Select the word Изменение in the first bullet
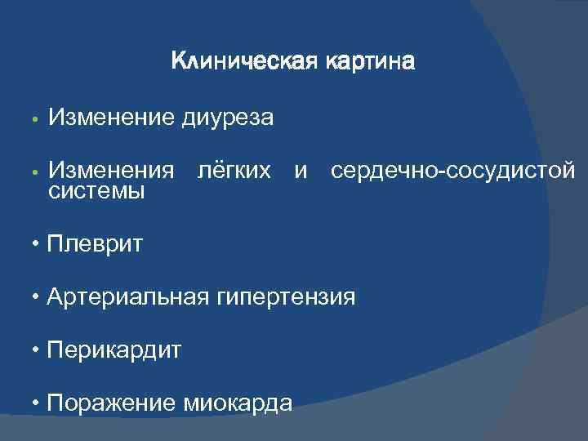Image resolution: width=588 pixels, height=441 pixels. pos(111,119)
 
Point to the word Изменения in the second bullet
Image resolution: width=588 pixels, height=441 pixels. pos(111,171)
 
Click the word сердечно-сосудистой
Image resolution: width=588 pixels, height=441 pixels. pos(452,171)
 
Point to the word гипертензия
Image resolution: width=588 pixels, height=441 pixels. pos(285,296)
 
